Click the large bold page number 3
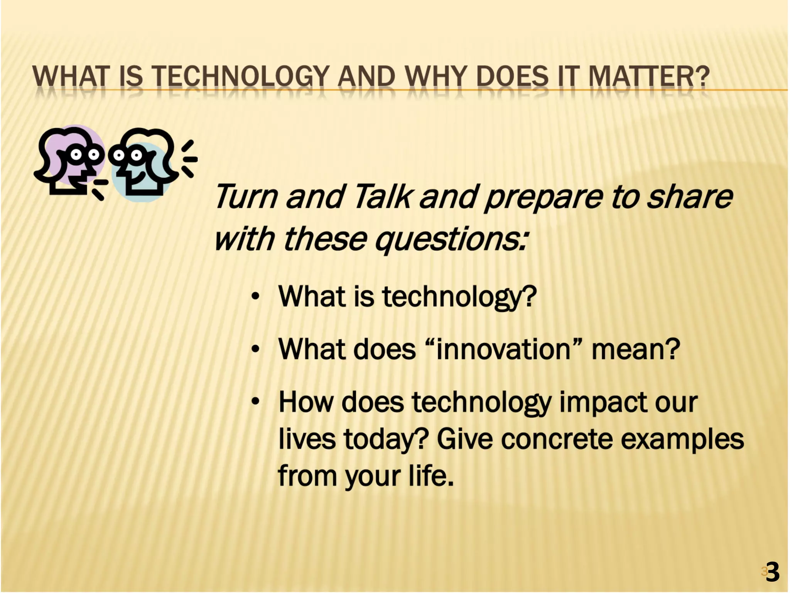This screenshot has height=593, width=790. tap(772, 572)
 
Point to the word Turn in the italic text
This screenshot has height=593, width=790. tap(246, 197)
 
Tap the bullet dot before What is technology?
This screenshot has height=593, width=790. tap(255, 297)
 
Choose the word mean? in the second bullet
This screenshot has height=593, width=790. tap(635, 349)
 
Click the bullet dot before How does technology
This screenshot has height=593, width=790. tap(255, 402)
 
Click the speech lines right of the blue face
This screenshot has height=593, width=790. tap(189, 159)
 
